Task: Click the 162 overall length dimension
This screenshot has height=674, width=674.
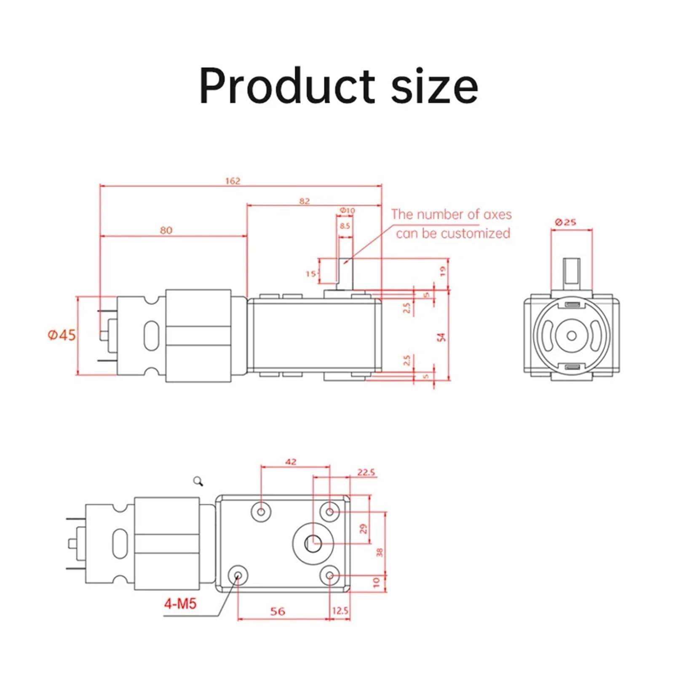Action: (233, 181)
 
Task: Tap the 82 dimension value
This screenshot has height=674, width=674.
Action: (304, 201)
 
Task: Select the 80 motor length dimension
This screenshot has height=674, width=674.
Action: (166, 230)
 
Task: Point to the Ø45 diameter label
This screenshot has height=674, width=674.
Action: (62, 335)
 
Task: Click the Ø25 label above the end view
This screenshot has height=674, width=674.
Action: (565, 222)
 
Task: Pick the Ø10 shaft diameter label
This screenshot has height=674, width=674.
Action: (347, 210)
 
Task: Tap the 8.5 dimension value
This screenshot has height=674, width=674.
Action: (345, 226)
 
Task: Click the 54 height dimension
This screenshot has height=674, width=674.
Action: (441, 337)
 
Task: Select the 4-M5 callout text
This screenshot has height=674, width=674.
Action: (180, 604)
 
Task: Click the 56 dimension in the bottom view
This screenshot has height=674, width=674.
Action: (277, 611)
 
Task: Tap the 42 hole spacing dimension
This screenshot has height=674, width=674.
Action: (291, 462)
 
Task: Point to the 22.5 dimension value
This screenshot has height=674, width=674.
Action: (366, 472)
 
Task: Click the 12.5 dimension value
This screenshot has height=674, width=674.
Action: (340, 610)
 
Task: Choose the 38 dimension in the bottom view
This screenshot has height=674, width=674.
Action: (379, 552)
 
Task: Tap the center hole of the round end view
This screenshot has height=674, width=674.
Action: (571, 336)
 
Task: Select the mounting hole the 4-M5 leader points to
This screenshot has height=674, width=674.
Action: (238, 575)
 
